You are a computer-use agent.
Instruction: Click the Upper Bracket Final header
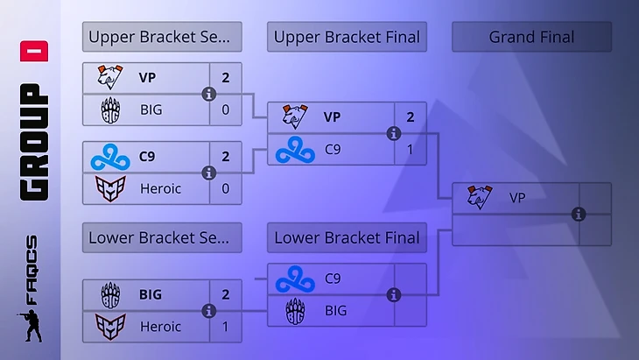coord(347,38)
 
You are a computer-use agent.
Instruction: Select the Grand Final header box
coord(531,38)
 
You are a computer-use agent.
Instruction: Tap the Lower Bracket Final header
coord(347,237)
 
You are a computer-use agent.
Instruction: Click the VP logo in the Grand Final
coord(480,197)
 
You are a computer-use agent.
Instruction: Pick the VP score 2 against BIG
coord(226,77)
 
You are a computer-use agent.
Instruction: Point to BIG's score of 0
coord(226,109)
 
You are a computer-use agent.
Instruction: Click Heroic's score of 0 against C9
coord(226,187)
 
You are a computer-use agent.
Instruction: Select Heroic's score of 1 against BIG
coord(226,326)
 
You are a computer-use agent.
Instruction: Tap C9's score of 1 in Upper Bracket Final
coord(411,149)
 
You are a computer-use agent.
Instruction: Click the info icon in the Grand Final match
coord(578,214)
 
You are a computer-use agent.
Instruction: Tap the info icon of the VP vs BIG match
coord(208,94)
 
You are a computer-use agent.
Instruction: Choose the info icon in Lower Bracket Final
coord(393,295)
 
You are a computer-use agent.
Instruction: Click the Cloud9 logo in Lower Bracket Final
coord(295,279)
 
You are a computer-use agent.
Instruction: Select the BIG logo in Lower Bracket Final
coord(295,311)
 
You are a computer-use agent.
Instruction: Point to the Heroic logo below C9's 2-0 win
coord(110,187)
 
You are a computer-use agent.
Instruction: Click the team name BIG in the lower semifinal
coord(151,294)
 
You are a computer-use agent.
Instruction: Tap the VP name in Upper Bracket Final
coord(333,116)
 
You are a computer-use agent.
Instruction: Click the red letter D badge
coord(40,51)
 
